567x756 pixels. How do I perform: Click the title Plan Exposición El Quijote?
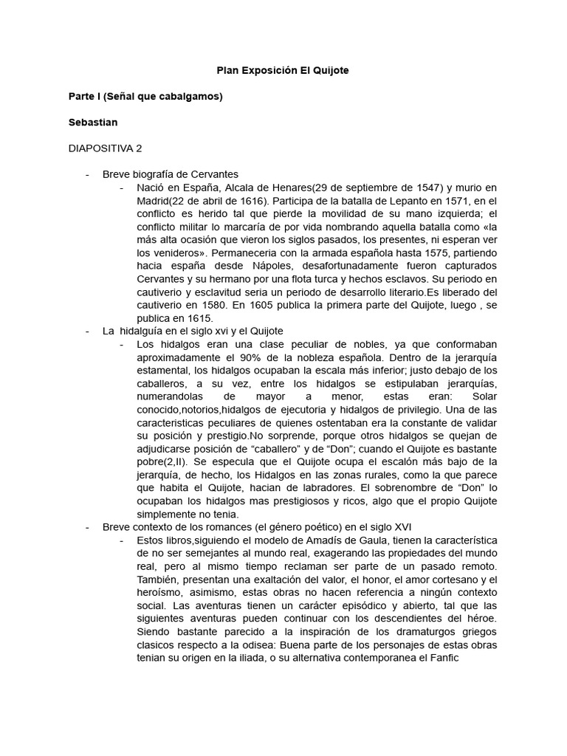pos(282,71)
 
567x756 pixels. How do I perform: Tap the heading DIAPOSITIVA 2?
pos(105,148)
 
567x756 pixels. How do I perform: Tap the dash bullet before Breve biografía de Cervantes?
pos(88,174)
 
